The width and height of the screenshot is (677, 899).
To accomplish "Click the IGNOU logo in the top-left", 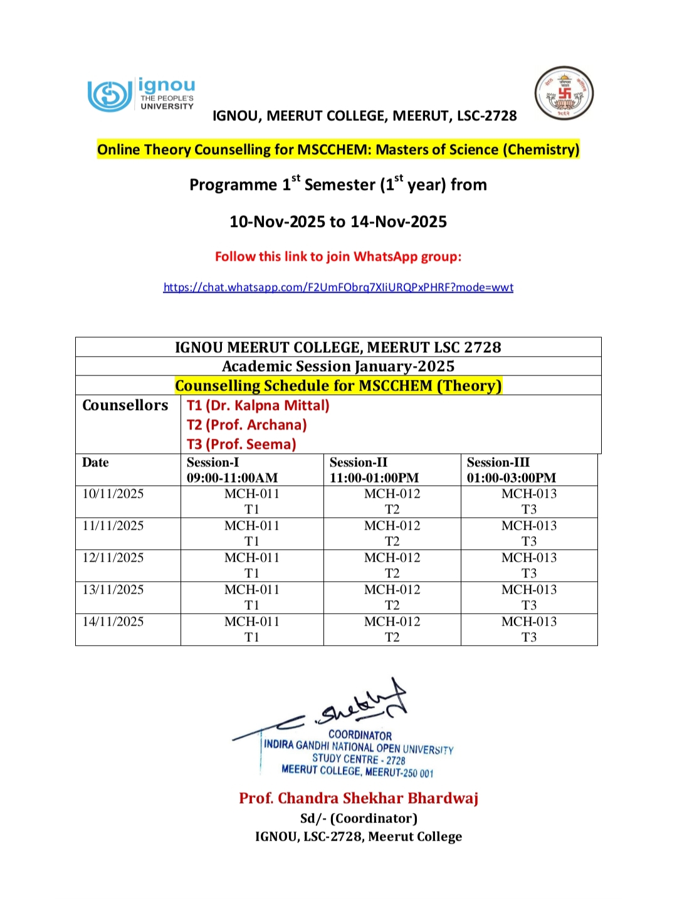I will click(x=141, y=95).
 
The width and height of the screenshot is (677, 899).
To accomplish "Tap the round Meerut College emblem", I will click(x=564, y=93).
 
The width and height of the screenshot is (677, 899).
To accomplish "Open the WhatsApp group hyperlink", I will click(x=338, y=287).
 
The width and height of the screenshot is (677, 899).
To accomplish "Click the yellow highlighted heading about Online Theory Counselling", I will click(x=338, y=150).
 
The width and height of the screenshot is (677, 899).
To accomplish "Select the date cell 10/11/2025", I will click(x=113, y=494).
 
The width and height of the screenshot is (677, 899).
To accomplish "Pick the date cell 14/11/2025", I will click(x=113, y=622).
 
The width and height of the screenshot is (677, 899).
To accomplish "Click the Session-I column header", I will click(x=232, y=470).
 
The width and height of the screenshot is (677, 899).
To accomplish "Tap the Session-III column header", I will click(x=511, y=470).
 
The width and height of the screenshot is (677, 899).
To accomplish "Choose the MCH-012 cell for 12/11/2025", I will click(x=392, y=565).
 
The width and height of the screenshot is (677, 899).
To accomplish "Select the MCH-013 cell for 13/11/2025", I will click(x=529, y=597).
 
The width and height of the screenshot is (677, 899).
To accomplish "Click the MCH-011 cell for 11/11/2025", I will click(x=252, y=533).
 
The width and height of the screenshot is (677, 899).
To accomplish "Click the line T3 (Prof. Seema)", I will click(x=241, y=444).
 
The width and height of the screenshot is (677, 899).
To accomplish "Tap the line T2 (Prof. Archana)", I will click(x=247, y=425).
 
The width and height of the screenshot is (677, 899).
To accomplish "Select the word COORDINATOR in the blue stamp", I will click(x=360, y=735).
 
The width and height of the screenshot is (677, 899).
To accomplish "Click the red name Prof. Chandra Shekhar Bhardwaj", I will click(x=358, y=798).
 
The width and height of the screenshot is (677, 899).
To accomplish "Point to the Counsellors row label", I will click(x=125, y=406).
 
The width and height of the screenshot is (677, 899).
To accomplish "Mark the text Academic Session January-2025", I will click(x=338, y=366).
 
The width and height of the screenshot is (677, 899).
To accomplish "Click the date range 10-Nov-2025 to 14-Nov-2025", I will click(x=338, y=222).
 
